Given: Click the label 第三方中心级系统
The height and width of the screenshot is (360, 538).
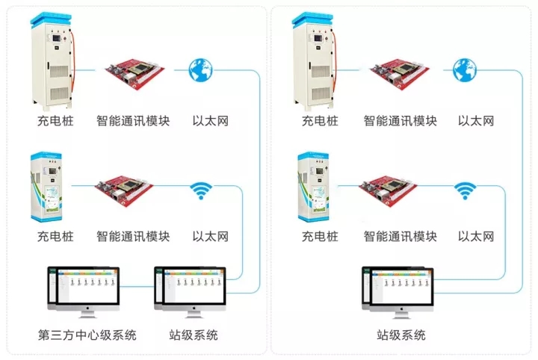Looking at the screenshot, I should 87,335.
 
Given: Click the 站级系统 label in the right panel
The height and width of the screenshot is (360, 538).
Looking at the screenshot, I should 401,335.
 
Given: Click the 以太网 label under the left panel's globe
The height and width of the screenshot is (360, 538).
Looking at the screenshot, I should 211,121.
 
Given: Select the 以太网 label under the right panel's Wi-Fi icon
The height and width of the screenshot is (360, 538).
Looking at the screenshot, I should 476,238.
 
